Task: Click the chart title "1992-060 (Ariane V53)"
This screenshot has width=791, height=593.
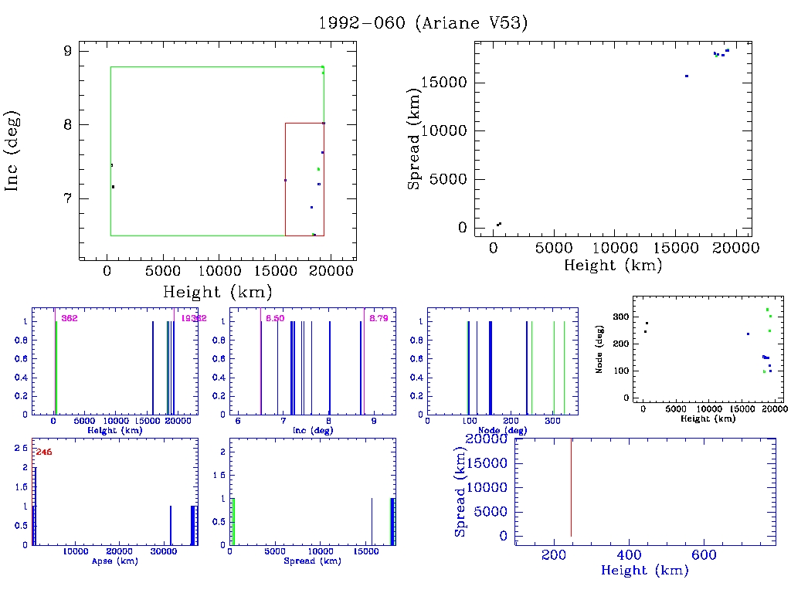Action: [423, 22]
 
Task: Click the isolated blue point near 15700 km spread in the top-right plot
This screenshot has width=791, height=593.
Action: [686, 76]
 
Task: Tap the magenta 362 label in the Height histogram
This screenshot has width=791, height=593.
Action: [70, 318]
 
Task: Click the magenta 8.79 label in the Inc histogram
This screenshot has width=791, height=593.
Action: [379, 318]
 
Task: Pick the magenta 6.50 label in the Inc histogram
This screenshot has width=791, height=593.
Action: [274, 318]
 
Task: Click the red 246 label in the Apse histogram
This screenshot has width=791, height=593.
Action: [44, 452]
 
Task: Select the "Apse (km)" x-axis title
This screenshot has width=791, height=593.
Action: [114, 561]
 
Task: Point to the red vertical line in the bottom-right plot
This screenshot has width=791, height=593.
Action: [571, 486]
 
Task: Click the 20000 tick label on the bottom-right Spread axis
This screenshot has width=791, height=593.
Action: [488, 439]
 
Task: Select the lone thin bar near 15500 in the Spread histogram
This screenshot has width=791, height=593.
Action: [372, 522]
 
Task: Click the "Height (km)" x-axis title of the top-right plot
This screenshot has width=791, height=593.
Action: [613, 266]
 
